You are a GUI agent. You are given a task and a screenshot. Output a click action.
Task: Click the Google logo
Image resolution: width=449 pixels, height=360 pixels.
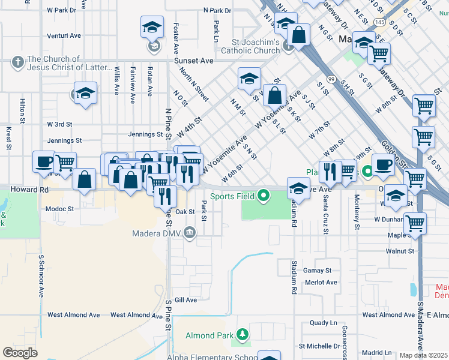pos(20,353)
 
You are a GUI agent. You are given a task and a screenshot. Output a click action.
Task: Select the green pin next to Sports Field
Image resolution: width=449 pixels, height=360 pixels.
pos(263,196)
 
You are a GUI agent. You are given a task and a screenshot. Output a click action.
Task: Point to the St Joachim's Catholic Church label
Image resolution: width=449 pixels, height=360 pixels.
pos(256,46)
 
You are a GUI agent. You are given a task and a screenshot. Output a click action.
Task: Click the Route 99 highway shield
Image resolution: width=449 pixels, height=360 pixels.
pos(331,79)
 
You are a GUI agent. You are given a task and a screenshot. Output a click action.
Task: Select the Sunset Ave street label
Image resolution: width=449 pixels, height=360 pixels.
pos(193,61)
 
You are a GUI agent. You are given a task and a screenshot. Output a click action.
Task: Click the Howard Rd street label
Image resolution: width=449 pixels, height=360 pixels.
pos(29,189)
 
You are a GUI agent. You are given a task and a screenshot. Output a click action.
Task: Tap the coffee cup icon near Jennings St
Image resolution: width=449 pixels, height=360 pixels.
pos(44,161)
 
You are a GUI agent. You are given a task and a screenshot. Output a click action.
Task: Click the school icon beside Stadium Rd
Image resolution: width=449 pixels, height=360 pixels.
pos(298,188)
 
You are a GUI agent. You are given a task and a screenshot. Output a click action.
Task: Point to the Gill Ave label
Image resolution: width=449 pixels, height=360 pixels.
pos(186,300)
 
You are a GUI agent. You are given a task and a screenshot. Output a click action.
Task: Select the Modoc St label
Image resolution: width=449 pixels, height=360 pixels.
pos(59,209)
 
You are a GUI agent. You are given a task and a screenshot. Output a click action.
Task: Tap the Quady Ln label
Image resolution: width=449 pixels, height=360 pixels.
pos(323,322)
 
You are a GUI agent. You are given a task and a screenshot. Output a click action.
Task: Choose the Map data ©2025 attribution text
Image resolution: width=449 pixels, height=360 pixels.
pos(424,355)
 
